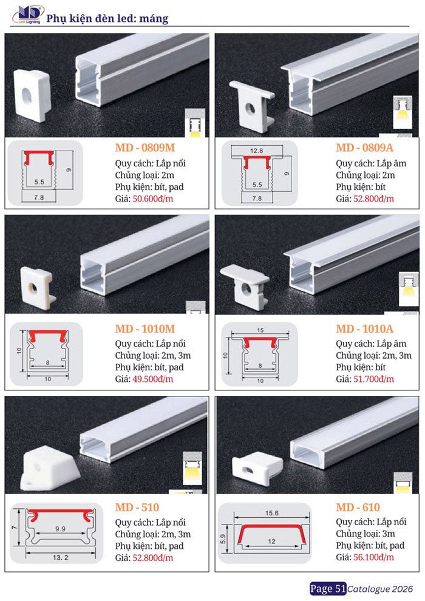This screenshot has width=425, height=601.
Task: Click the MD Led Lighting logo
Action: [x=27, y=15]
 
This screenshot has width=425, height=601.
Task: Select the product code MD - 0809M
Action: [x=145, y=148]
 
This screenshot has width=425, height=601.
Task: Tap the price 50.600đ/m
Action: [x=153, y=199]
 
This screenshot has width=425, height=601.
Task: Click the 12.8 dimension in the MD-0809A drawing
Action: [x=256, y=151]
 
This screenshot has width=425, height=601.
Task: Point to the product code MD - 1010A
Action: [x=364, y=329]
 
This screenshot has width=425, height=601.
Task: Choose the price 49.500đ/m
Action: [x=153, y=379]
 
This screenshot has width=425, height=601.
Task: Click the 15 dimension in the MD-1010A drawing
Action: [x=260, y=330]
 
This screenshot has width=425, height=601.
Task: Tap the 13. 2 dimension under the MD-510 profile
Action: [x=61, y=557]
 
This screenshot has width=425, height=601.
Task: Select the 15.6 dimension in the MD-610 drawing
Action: [x=272, y=513]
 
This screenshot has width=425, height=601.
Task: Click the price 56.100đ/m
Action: [x=373, y=557]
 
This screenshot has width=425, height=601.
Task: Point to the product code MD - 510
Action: [x=137, y=508]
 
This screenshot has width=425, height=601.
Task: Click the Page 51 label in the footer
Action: [x=328, y=589]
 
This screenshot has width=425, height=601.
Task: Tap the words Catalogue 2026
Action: [x=380, y=589]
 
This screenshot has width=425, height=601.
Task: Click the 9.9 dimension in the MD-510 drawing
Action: [x=60, y=529]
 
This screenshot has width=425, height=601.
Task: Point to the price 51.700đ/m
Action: [x=373, y=379]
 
